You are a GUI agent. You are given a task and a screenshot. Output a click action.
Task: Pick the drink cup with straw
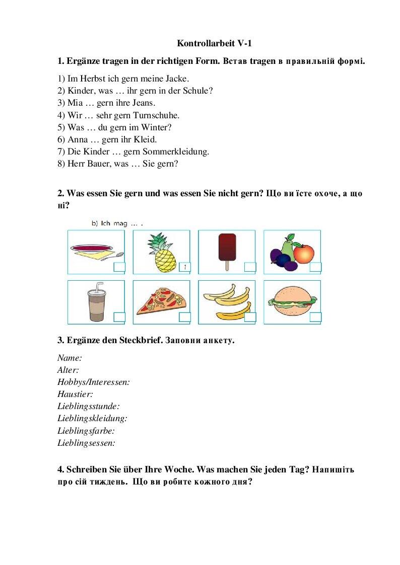click(96, 301)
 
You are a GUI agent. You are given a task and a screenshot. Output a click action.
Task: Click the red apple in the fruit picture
click(304, 253)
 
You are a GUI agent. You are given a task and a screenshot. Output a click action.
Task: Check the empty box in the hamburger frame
click(315, 316)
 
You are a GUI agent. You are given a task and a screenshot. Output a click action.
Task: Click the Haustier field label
click(75, 394)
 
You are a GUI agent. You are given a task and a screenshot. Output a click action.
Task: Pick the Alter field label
click(68, 370)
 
